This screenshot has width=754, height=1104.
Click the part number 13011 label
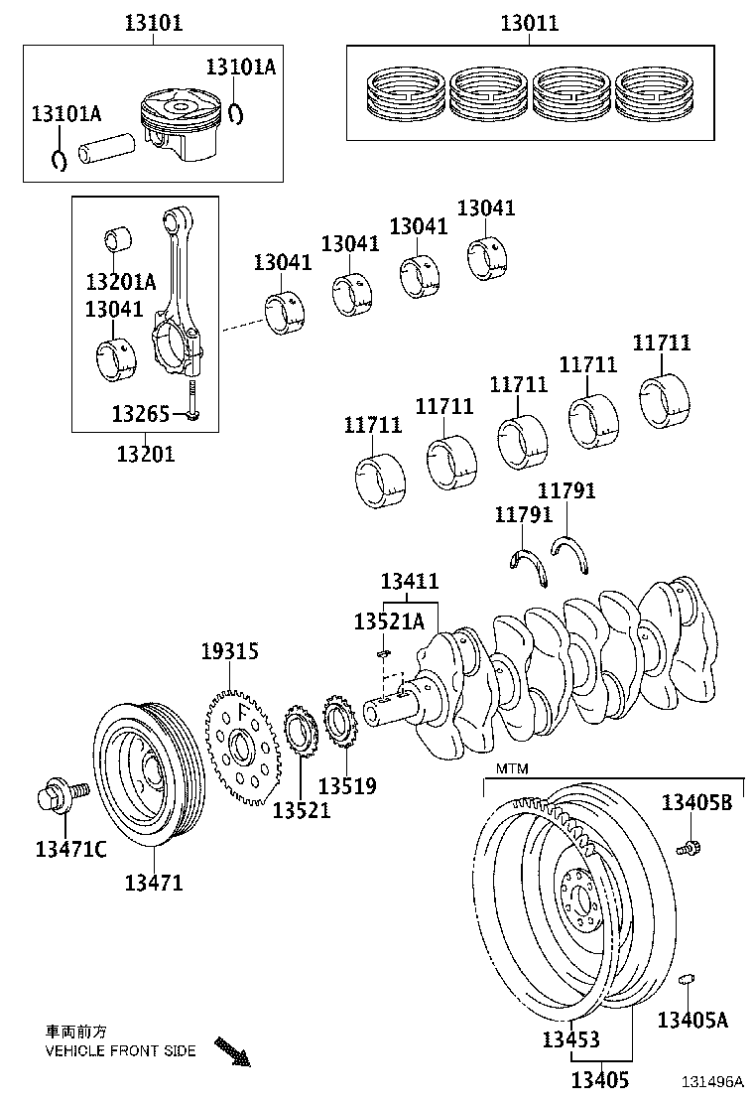pos(529,23)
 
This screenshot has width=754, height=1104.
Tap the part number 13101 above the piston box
pos(153,23)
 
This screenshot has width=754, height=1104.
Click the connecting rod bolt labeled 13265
pos(193,401)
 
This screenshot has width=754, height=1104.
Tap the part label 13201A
pos(120,281)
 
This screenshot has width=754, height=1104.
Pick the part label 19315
pos(229,652)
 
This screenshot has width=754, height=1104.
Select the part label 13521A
pos(389,621)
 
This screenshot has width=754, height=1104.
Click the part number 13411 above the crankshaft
pos(410,582)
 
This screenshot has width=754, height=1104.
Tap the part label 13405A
pos(693,1019)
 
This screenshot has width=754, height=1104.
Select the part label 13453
pos(570,1039)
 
